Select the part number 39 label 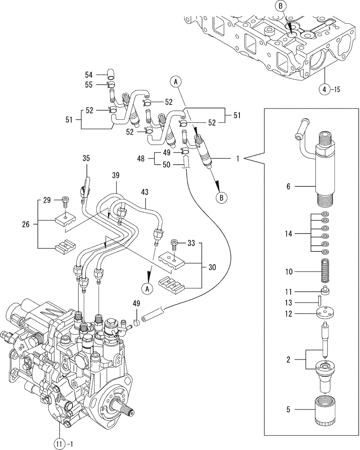[117, 175]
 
